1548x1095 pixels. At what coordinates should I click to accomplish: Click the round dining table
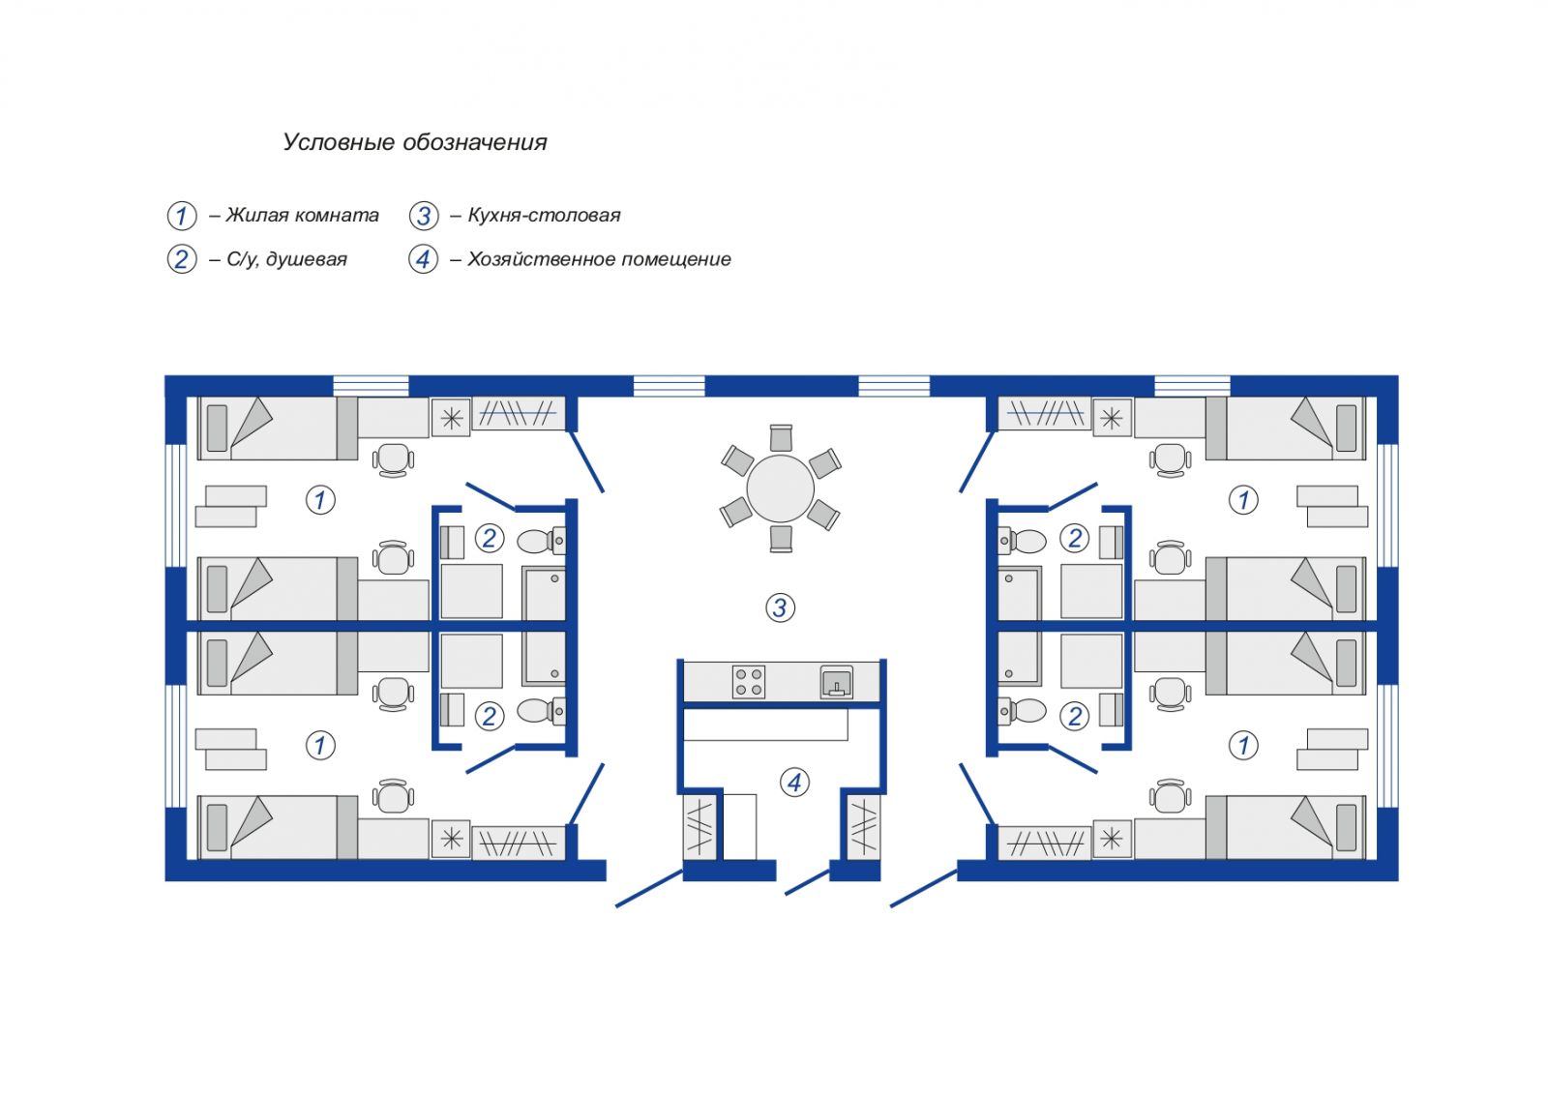point(780,488)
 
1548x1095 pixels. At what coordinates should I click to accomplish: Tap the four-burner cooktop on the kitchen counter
point(749,682)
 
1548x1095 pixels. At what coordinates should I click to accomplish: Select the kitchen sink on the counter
point(836,682)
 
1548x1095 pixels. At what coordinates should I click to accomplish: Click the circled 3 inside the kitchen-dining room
point(780,607)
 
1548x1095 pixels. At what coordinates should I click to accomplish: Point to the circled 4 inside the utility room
point(794,783)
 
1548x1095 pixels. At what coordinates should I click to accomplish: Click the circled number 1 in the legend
point(182,216)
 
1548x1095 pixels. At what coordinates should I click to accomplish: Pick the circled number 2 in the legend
point(182,260)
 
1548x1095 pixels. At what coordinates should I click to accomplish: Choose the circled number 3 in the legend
point(424,216)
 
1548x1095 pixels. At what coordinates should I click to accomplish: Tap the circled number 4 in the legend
point(424,260)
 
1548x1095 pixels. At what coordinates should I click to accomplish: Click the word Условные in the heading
point(339,142)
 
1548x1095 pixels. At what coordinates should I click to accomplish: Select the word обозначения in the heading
point(475,142)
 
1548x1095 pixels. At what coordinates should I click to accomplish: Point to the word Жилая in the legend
point(255,216)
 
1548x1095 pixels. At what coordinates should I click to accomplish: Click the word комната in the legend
point(335,216)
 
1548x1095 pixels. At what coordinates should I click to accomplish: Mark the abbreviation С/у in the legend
point(243,260)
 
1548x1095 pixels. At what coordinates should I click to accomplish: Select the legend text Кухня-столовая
point(545,216)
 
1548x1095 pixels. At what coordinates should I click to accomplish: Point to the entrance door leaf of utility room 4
point(808,882)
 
